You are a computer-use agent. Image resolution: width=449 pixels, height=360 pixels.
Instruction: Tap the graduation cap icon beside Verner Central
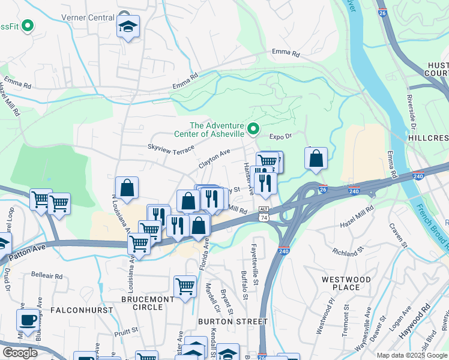[x=128, y=26]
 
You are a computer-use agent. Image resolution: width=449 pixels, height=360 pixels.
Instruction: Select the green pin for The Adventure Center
[x=253, y=128]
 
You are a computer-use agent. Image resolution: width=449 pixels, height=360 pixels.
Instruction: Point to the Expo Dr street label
[x=280, y=136]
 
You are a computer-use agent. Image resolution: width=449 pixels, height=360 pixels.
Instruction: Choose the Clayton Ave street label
[x=214, y=158]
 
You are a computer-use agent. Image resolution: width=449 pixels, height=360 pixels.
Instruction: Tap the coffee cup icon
[x=27, y=319]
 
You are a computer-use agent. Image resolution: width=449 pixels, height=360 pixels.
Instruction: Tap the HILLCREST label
[x=429, y=136]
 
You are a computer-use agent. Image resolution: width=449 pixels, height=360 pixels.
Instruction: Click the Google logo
[x=20, y=352]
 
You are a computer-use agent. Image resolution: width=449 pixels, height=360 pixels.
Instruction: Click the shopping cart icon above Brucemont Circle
[x=184, y=286]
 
